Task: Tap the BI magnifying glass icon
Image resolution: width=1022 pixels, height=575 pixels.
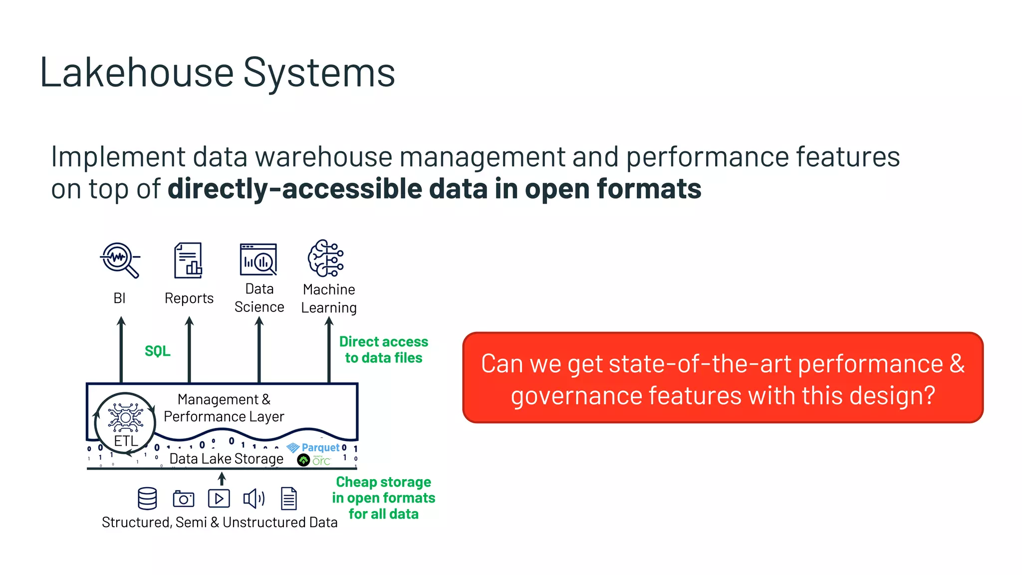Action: click(120, 260)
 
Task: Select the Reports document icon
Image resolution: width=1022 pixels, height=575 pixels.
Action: click(188, 260)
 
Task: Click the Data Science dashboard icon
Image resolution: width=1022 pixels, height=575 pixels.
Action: click(258, 260)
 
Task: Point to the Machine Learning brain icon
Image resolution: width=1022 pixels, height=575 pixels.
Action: click(326, 259)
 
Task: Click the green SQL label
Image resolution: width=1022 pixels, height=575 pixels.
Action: click(157, 351)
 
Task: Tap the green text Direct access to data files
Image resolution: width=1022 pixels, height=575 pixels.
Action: click(383, 349)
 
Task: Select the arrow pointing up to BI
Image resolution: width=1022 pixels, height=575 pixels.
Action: click(121, 349)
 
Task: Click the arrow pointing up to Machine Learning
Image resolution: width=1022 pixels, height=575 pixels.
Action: click(329, 349)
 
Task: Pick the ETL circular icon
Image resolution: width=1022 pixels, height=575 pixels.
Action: click(125, 422)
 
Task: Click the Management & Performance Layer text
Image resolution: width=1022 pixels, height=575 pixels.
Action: click(224, 408)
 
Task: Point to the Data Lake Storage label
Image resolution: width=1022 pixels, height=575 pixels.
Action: click(226, 459)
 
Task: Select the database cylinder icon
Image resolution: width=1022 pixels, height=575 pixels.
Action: click(147, 498)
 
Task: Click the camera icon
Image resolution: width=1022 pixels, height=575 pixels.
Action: click(183, 499)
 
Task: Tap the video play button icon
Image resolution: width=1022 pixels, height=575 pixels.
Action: click(219, 498)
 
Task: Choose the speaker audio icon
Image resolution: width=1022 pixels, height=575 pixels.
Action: click(254, 498)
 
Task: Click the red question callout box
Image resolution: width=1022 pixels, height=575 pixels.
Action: click(723, 378)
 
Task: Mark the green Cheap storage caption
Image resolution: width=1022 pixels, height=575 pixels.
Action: click(383, 498)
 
